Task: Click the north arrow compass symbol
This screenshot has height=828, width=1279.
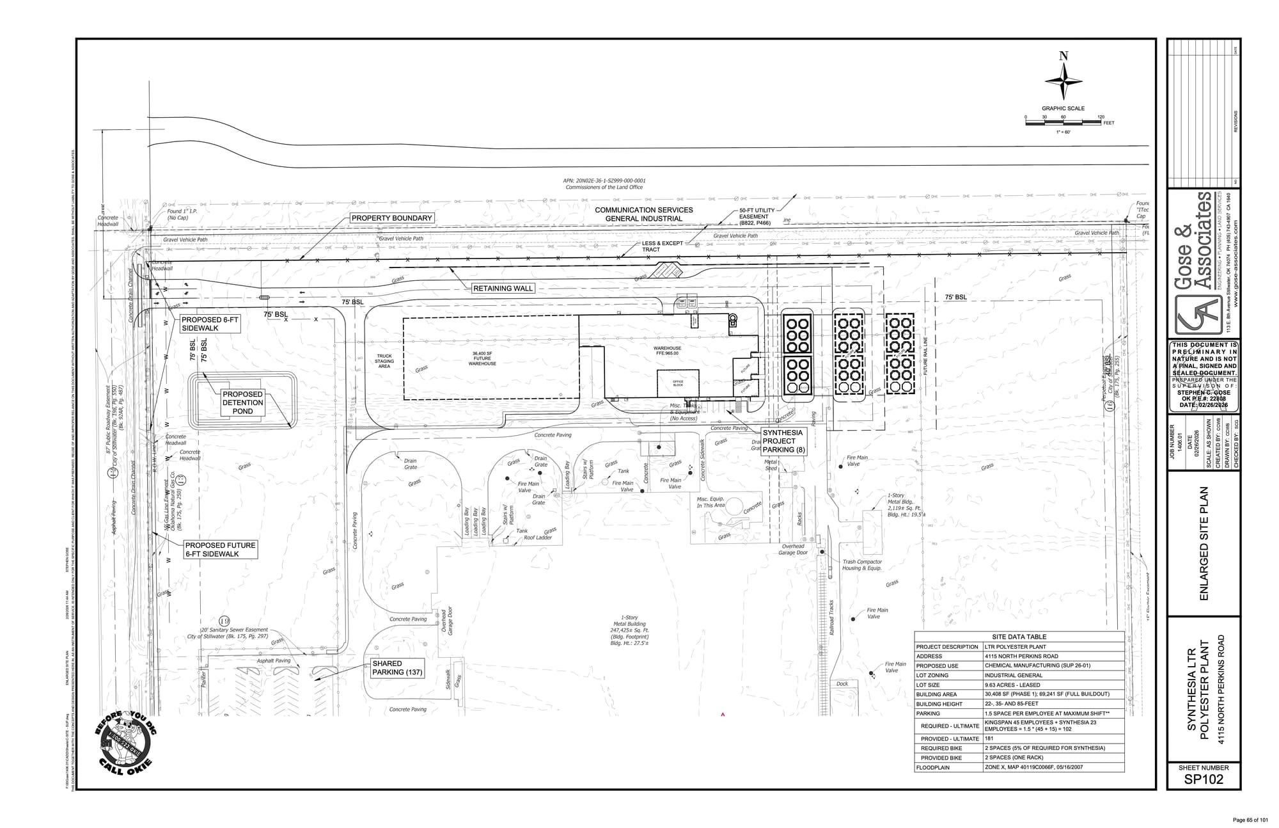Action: tap(1063, 83)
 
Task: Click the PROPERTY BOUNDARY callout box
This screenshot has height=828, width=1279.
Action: tap(392, 218)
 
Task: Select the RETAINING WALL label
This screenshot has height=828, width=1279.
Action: tap(503, 289)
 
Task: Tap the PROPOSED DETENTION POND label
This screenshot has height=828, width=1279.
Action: tap(242, 402)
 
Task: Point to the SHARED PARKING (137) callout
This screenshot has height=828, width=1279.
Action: tap(397, 667)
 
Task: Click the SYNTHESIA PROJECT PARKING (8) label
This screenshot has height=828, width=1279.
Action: tap(783, 441)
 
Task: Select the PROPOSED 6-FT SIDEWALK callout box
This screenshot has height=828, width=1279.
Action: tap(210, 324)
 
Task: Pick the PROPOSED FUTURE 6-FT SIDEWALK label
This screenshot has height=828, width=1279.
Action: tap(220, 549)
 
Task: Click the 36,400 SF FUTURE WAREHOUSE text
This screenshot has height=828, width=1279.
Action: tap(482, 358)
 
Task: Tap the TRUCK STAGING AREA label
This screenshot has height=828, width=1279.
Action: tap(384, 362)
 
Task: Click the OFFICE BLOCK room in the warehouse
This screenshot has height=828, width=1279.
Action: tap(678, 383)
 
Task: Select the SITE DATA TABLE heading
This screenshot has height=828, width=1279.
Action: tap(1019, 637)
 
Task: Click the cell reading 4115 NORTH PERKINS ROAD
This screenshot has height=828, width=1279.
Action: tap(1021, 656)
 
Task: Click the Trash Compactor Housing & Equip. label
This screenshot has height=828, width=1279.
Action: tap(861, 565)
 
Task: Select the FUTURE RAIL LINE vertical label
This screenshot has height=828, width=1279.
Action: tap(925, 356)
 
